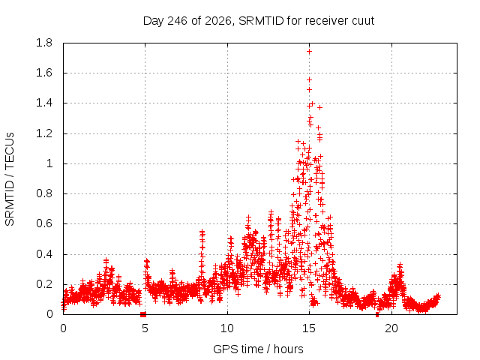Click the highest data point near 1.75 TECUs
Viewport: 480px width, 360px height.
tap(309, 52)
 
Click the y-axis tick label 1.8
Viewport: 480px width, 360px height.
tap(44, 43)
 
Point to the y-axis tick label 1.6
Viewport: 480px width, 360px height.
tap(44, 73)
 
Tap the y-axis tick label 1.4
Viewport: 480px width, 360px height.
tap(44, 103)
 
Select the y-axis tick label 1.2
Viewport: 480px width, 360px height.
tap(44, 133)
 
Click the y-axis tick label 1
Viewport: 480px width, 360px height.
tap(49, 163)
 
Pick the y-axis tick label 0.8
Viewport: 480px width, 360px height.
tap(44, 193)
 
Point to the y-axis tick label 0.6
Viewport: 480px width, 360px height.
tap(44, 223)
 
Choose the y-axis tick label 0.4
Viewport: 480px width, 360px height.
tap(44, 254)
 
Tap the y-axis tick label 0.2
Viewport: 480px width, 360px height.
tap(44, 284)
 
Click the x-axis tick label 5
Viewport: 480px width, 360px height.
tap(145, 328)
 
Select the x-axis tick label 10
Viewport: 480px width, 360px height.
tap(227, 328)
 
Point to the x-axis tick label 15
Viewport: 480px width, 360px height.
tap(309, 328)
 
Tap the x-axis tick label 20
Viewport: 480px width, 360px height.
tap(391, 328)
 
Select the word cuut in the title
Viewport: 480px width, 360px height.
tap(363, 21)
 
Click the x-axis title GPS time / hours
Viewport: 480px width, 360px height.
tap(258, 349)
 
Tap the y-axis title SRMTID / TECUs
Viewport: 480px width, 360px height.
tap(10, 179)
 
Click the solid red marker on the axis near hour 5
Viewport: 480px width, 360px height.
tap(143, 314)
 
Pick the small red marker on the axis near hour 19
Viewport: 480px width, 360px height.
tap(377, 315)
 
